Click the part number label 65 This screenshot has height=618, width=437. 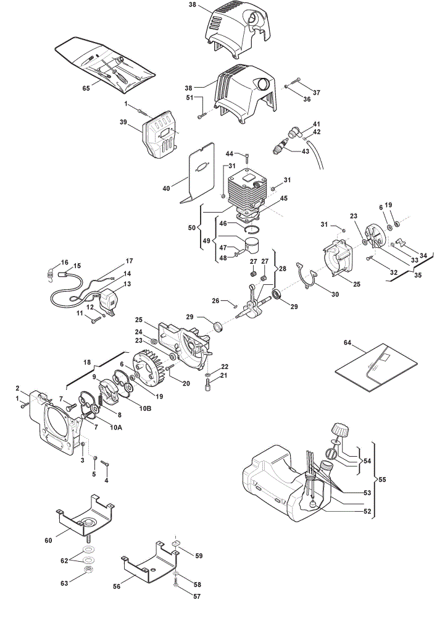(86, 88)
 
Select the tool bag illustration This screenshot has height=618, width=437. (106, 65)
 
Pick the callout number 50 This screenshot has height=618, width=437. (192, 227)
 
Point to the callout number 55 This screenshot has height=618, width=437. (382, 480)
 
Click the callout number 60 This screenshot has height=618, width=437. (48, 540)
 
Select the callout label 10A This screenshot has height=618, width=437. (115, 427)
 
